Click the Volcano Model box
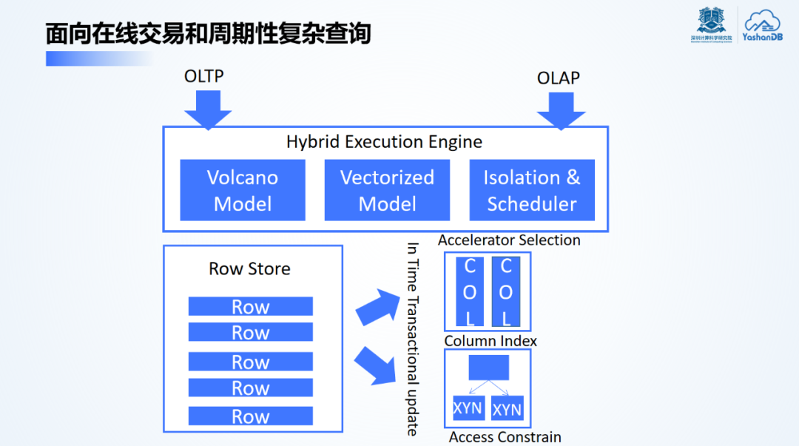243,190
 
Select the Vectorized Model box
387,190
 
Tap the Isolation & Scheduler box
532,190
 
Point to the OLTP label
203,76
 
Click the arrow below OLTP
208,110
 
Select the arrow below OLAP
561,110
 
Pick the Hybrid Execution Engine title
384,142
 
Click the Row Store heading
249,268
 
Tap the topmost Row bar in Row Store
250,306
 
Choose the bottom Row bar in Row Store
250,416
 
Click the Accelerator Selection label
509,240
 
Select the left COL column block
470,292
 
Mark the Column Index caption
490,341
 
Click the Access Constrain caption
505,437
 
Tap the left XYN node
468,408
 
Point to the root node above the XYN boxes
488,368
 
